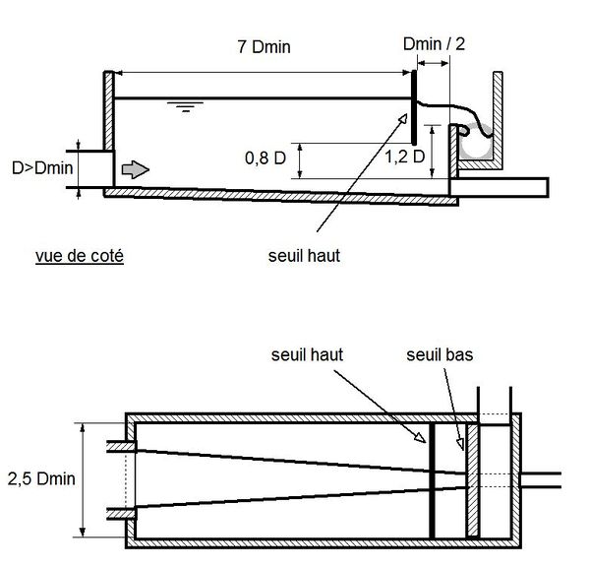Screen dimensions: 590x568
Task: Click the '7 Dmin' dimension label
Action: [x=265, y=47]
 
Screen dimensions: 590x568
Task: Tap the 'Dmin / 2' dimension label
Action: [x=434, y=44]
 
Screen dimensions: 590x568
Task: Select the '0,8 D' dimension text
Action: [x=265, y=158]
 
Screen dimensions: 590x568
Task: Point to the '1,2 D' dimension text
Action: [x=404, y=157]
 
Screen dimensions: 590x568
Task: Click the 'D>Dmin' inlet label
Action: [x=42, y=168]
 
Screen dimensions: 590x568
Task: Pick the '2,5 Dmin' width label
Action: [x=41, y=478]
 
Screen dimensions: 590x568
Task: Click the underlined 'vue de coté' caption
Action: [x=80, y=256]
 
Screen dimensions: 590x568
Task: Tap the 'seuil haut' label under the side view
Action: [x=304, y=256]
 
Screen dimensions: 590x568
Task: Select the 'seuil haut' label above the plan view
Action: [x=307, y=354]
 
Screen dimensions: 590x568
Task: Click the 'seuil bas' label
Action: [x=440, y=354]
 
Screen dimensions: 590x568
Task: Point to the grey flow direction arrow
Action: [x=136, y=169]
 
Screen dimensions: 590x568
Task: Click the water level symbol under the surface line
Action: [x=186, y=106]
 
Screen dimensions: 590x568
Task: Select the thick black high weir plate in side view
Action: [x=414, y=107]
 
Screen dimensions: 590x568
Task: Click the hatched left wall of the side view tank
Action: [x=109, y=110]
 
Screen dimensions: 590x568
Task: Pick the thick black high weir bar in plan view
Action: [x=433, y=481]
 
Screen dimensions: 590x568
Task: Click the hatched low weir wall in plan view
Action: [x=473, y=481]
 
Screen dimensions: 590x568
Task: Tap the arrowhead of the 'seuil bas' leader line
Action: [x=460, y=444]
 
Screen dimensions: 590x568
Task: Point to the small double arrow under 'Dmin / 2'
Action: [x=433, y=63]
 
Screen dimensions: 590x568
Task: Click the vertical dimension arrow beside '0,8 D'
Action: [x=300, y=160]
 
